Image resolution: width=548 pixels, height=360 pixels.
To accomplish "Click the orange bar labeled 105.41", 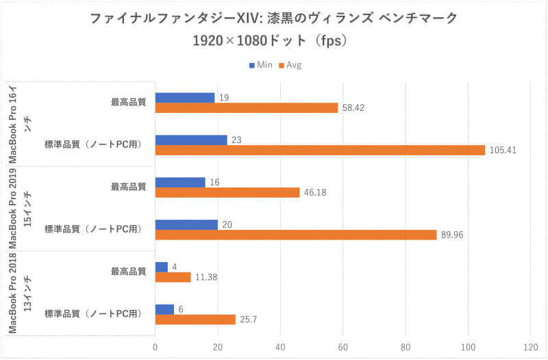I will tap(320, 150).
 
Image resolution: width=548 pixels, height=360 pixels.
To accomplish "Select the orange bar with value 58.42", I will tap(247, 108).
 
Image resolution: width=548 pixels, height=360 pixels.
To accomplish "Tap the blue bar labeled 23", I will tap(191, 140).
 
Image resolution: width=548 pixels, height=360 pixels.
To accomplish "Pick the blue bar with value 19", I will tap(185, 98).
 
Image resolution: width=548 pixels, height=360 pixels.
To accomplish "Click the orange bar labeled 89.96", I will tap(296, 235).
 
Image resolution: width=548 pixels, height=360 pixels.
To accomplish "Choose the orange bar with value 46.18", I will tap(227, 192).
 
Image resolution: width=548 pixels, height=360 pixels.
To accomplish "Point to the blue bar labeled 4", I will tap(162, 267).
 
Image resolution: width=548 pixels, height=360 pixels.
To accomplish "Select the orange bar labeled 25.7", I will tap(195, 319).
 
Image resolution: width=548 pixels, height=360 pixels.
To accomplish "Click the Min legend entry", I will tap(260, 65).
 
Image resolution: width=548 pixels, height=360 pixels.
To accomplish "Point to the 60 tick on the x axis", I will tap(343, 347).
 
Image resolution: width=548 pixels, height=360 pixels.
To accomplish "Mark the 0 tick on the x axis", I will tap(155, 347).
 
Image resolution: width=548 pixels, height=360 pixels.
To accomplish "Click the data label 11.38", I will tap(206, 277).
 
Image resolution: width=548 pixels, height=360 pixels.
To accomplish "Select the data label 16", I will tap(215, 182).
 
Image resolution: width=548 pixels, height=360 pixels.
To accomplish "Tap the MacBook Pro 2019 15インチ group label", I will tap(21, 209).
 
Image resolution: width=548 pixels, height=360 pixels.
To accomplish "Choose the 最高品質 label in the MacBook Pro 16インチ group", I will tap(128, 103).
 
